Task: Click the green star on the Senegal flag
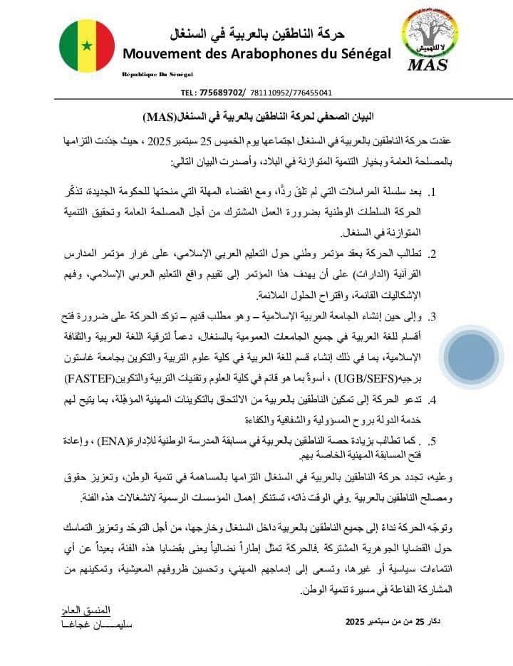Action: [87, 46]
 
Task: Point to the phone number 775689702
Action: [222, 93]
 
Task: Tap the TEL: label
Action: [189, 93]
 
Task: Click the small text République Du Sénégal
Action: [157, 74]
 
